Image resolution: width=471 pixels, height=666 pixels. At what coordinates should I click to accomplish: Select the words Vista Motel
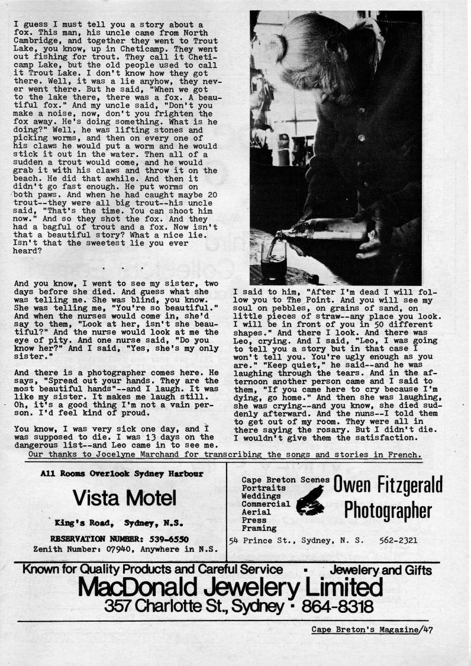(x=124, y=498)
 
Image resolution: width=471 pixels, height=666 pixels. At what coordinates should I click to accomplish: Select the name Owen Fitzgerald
(x=388, y=485)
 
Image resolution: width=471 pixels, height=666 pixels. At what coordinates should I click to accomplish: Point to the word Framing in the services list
(x=259, y=527)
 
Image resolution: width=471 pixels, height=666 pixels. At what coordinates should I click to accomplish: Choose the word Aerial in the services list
(x=256, y=511)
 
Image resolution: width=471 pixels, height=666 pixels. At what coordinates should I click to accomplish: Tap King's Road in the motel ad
(x=83, y=523)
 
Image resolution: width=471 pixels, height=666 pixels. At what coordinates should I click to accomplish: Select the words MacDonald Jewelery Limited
(x=230, y=588)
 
